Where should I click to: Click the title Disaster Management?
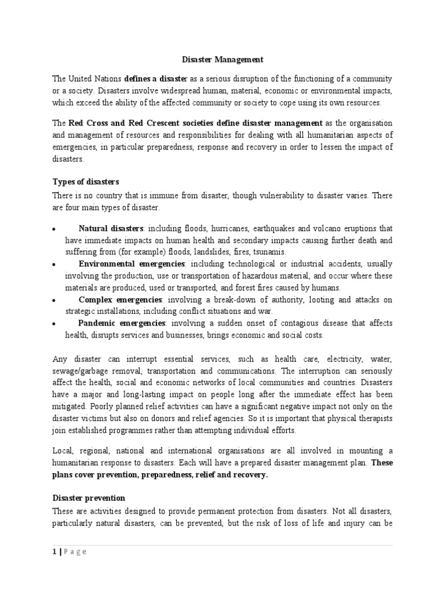click(222, 59)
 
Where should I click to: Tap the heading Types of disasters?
click(85, 181)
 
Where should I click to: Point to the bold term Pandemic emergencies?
click(122, 323)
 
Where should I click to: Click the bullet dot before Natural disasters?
click(53, 229)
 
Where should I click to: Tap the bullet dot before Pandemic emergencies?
click(53, 324)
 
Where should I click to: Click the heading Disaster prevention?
click(89, 497)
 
